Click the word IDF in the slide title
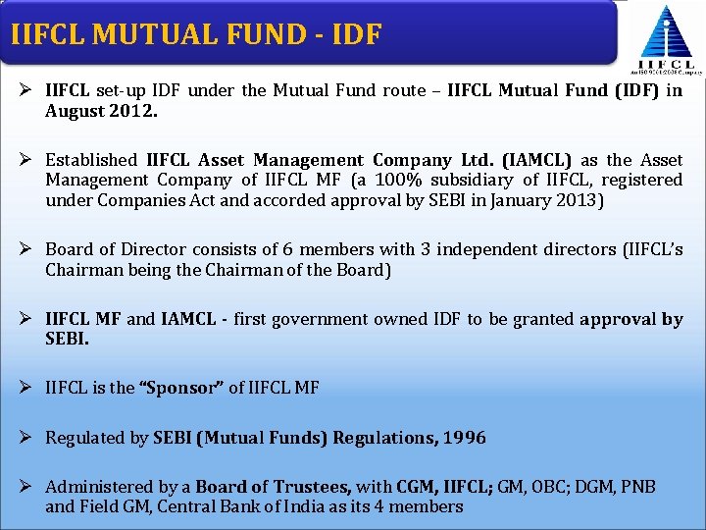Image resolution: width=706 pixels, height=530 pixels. pos(352,34)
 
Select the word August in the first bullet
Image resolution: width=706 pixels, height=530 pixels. pos(74,111)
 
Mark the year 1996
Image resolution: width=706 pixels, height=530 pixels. pos(463,438)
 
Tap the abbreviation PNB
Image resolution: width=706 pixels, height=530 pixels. pos(635,487)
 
